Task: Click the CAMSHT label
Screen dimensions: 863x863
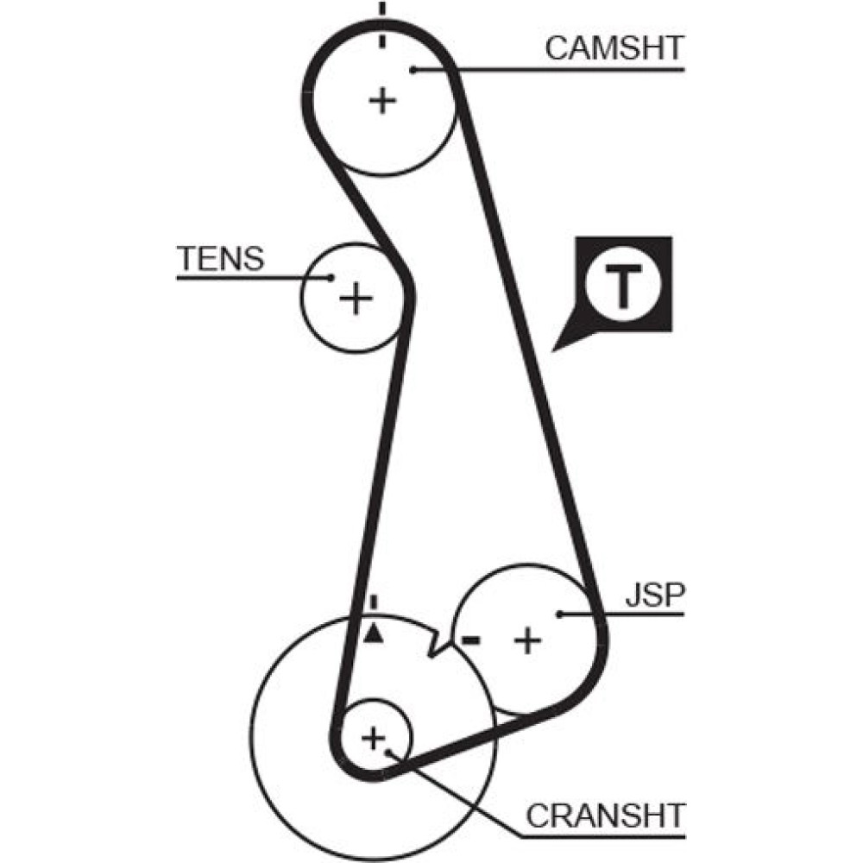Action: click(x=614, y=47)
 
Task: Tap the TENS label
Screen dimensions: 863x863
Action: click(x=219, y=258)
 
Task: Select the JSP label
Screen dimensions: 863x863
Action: click(x=653, y=595)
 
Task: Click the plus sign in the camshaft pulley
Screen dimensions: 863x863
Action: click(x=381, y=102)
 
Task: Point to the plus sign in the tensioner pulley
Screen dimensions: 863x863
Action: click(x=354, y=299)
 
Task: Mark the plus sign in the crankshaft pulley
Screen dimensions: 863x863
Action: click(x=373, y=738)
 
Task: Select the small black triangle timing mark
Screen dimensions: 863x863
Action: click(x=373, y=634)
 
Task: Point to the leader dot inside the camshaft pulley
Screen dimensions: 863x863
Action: click(x=414, y=69)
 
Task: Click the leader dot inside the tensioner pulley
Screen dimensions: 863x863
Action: click(x=331, y=278)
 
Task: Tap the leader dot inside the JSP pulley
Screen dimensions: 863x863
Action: click(x=560, y=614)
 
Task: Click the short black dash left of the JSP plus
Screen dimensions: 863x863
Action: click(x=470, y=639)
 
